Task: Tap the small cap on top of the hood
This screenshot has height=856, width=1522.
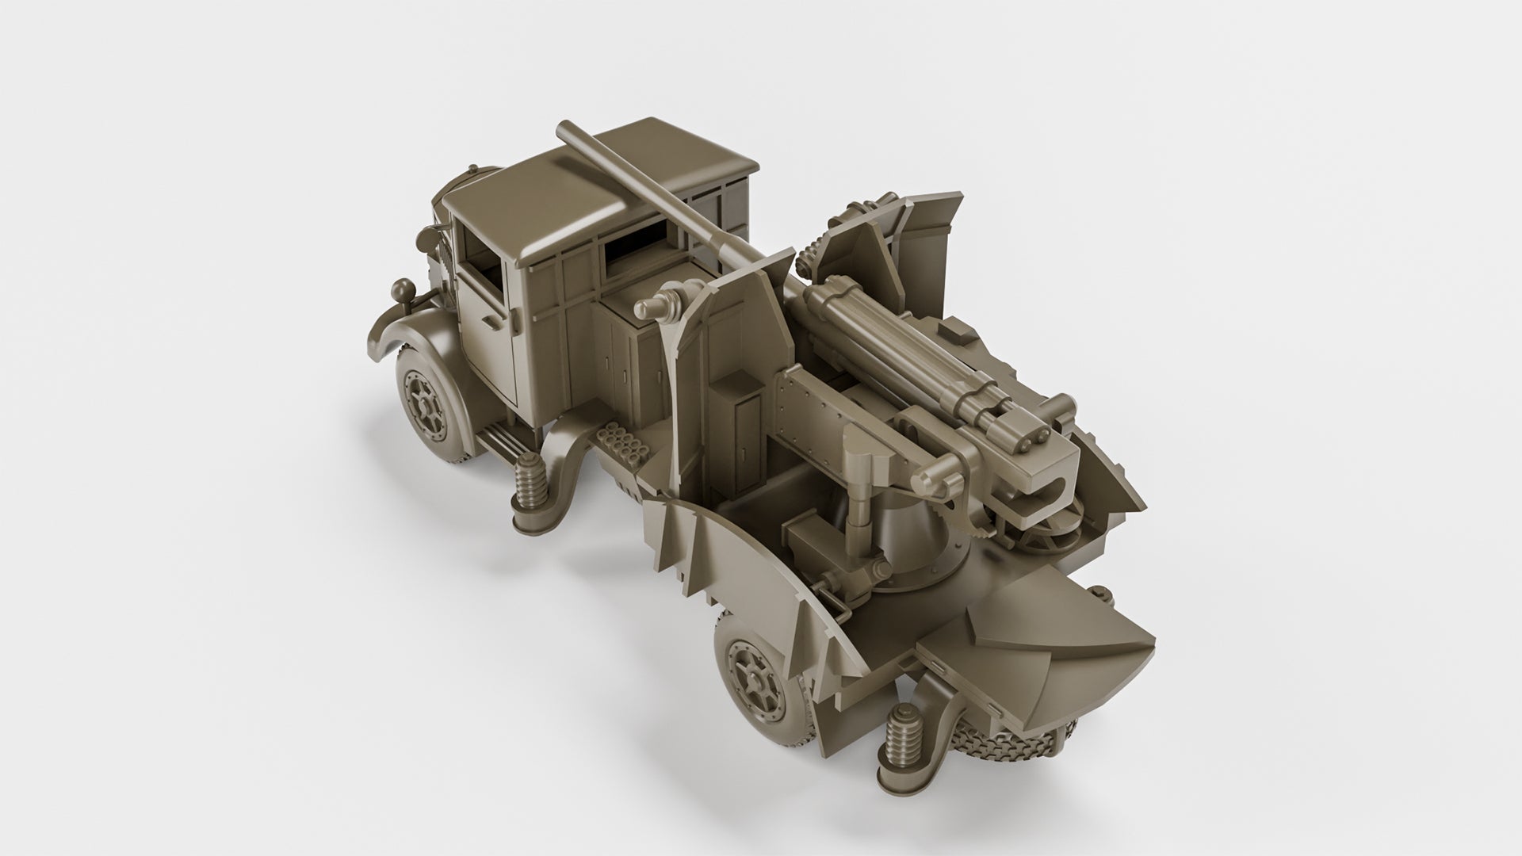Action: [x=474, y=170]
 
